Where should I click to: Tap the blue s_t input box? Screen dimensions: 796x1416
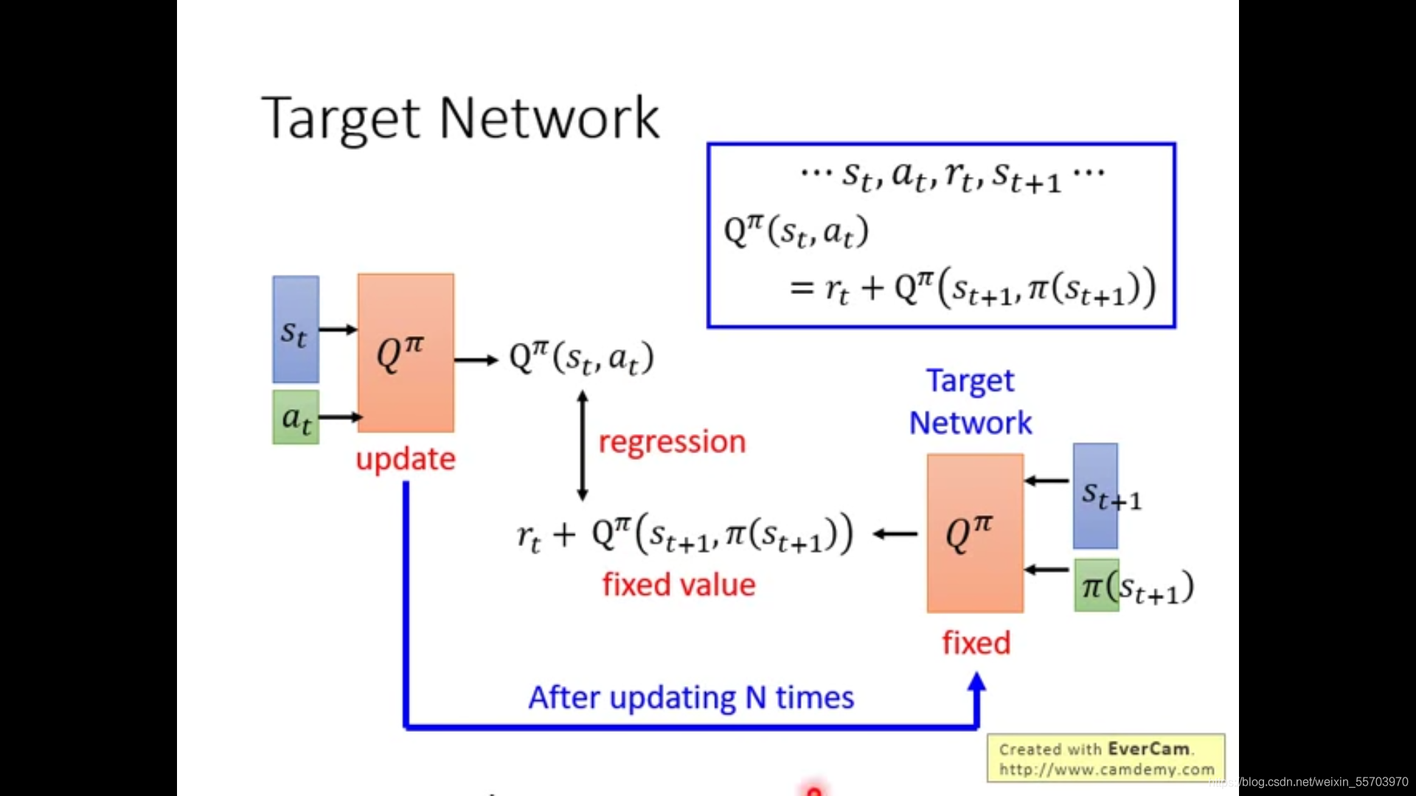click(x=296, y=329)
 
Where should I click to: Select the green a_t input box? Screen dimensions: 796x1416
click(x=296, y=417)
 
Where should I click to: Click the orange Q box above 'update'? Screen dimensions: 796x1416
click(x=406, y=352)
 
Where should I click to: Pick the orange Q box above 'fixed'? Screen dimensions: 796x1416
click(x=975, y=532)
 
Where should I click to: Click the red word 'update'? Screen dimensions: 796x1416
click(x=406, y=459)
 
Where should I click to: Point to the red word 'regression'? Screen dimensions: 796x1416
click(x=672, y=442)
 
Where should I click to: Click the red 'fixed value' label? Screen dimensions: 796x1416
click(x=678, y=584)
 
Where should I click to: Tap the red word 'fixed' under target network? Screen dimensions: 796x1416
click(x=976, y=643)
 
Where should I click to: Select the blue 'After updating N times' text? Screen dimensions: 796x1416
click(x=691, y=697)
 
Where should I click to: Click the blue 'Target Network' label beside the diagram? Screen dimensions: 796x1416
click(x=970, y=402)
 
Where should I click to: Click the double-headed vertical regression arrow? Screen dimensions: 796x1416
click(x=583, y=446)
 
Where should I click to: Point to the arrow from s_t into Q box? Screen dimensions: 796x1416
click(x=338, y=329)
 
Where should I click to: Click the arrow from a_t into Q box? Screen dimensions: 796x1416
click(x=339, y=417)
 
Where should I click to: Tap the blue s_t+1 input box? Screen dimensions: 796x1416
click(x=1095, y=495)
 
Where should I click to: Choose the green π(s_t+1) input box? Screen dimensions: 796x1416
click(x=1097, y=586)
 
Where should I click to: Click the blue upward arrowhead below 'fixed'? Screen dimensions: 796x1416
click(x=976, y=682)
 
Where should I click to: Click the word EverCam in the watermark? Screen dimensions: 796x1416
click(x=1148, y=749)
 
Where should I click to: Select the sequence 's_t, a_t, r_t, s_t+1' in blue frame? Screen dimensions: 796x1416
click(x=951, y=176)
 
